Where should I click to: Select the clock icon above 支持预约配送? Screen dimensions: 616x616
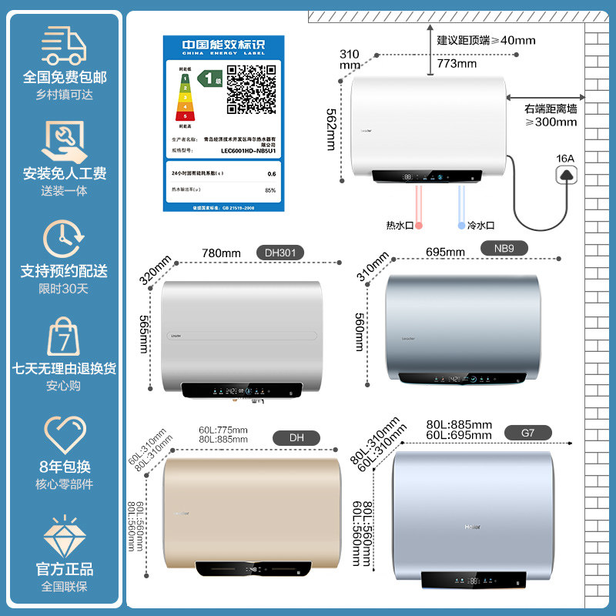click(64, 239)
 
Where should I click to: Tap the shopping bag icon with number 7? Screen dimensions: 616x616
click(64, 336)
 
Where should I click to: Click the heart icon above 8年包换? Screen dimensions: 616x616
click(64, 434)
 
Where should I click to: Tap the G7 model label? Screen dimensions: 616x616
click(527, 434)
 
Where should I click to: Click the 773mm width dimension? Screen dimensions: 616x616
click(457, 64)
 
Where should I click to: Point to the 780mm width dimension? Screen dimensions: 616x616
click(221, 253)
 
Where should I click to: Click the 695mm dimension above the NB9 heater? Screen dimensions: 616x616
click(445, 252)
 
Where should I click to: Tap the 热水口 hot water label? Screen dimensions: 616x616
click(400, 226)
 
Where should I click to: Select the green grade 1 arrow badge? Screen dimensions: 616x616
click(206, 78)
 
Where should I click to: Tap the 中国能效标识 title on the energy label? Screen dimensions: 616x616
click(223, 45)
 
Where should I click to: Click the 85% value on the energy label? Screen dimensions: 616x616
click(269, 190)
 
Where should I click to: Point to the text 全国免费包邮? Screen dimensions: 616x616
click(64, 77)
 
